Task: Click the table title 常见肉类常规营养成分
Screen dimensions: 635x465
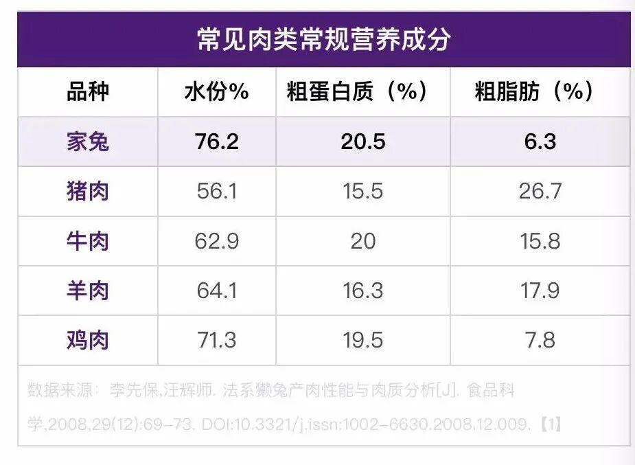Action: point(323,40)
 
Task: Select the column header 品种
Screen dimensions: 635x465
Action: point(87,91)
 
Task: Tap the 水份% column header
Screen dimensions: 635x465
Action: point(217,91)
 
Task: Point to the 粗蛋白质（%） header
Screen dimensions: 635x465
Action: point(357,91)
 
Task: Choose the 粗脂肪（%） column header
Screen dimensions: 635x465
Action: point(534,91)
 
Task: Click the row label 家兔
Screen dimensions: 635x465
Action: point(87,141)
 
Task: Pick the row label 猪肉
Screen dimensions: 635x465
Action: point(87,191)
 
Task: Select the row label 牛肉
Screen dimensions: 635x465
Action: point(87,241)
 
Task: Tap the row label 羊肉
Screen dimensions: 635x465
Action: point(87,291)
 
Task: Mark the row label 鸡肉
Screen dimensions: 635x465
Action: point(87,340)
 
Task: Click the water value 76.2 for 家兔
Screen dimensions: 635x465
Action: point(217,141)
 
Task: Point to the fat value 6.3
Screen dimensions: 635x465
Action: point(540,141)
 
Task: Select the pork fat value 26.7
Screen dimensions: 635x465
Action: point(540,191)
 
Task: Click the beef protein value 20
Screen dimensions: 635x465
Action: point(363,241)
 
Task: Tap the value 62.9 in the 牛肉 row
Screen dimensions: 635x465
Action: point(217,241)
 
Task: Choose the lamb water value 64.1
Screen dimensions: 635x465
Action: point(217,291)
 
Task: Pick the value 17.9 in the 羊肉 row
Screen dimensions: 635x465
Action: point(540,291)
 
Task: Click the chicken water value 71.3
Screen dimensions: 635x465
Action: point(217,340)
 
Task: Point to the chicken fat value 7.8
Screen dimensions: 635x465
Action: point(540,340)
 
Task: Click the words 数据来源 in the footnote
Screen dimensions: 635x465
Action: point(60,390)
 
